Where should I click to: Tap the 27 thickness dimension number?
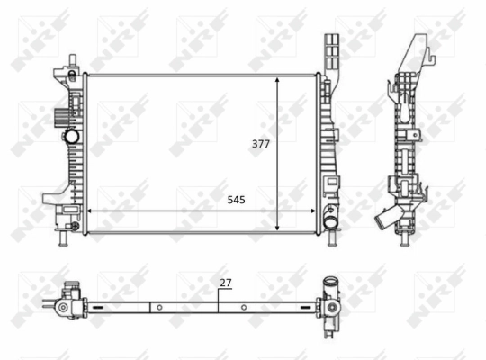click(x=226, y=283)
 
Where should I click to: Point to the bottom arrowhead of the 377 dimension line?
click(x=278, y=229)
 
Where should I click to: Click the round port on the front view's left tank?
click(x=70, y=138)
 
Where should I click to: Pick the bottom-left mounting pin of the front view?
click(x=63, y=240)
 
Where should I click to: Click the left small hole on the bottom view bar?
click(x=159, y=308)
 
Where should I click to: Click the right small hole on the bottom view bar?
click(x=244, y=308)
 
